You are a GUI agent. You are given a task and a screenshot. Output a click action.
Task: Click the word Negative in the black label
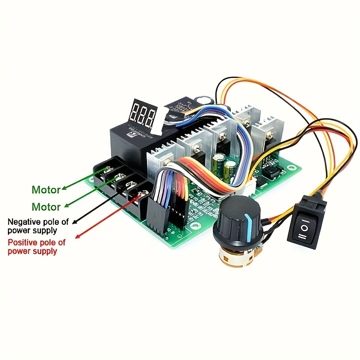point(23,222)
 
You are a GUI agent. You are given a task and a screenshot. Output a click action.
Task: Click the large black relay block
point(130,137)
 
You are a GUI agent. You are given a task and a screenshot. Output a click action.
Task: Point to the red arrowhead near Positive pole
point(78,236)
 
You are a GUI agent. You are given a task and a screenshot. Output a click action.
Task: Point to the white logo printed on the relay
point(130,134)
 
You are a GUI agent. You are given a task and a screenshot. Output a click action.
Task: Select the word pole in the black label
point(53,222)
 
